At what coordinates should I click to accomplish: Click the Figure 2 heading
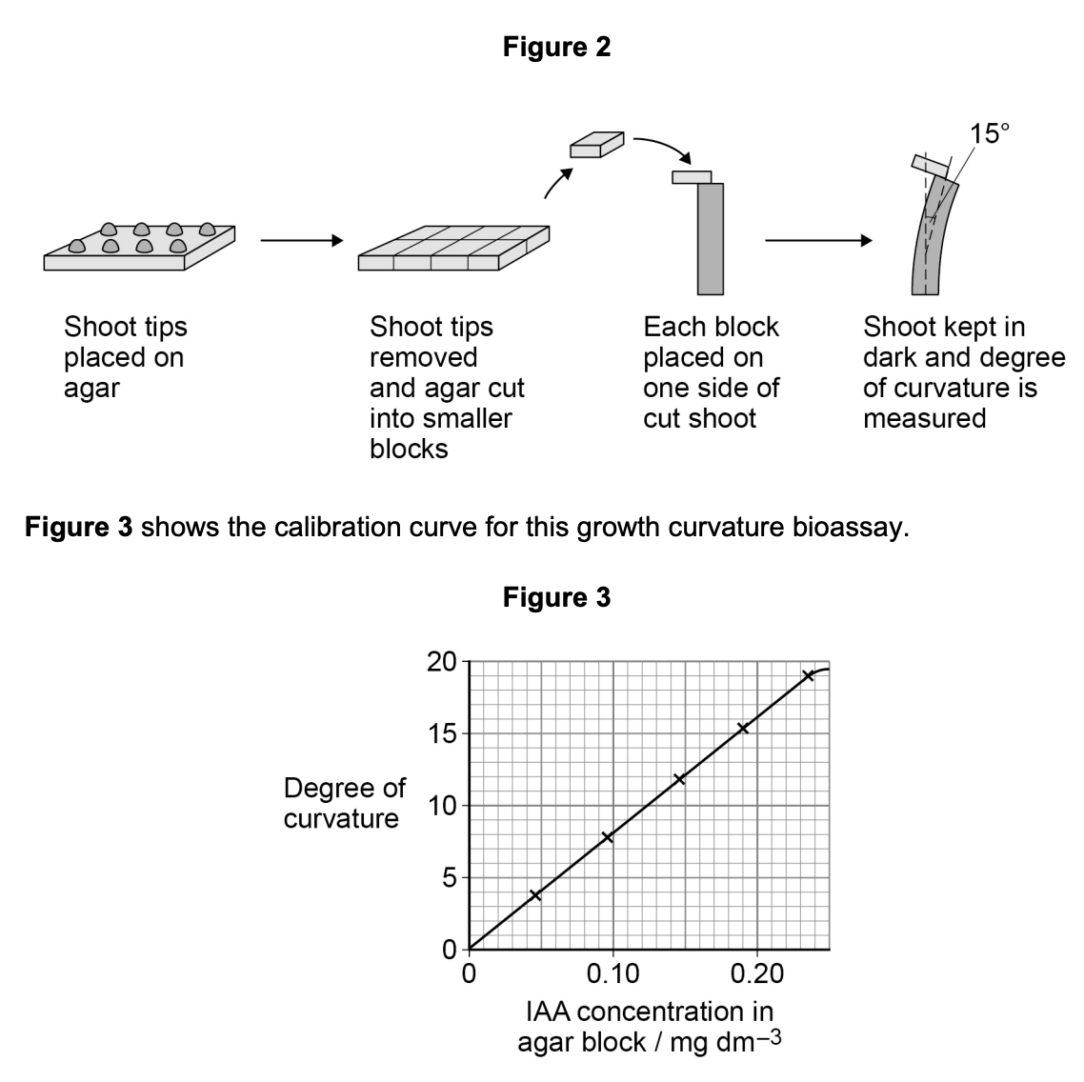click(x=556, y=47)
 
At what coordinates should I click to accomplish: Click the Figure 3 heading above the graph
click(x=556, y=597)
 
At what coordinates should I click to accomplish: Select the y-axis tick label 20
click(x=441, y=662)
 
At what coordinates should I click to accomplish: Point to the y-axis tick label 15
click(x=441, y=734)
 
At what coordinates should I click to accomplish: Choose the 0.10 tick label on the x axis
click(x=612, y=974)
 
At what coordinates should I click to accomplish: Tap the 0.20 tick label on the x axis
click(x=756, y=974)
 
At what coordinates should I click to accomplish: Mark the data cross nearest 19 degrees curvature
click(x=808, y=675)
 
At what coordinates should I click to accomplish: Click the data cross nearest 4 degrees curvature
click(x=535, y=894)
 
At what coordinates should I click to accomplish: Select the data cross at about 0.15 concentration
click(x=679, y=779)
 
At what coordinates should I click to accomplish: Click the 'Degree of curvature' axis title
click(x=344, y=803)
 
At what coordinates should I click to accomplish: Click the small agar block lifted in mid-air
click(x=595, y=145)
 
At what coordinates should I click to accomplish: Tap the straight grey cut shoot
click(x=711, y=238)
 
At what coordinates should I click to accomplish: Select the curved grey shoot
click(x=933, y=238)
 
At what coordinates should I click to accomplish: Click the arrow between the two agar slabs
click(x=300, y=241)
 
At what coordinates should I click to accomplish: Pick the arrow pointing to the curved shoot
click(x=817, y=241)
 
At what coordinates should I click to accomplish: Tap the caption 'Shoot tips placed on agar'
click(x=125, y=357)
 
